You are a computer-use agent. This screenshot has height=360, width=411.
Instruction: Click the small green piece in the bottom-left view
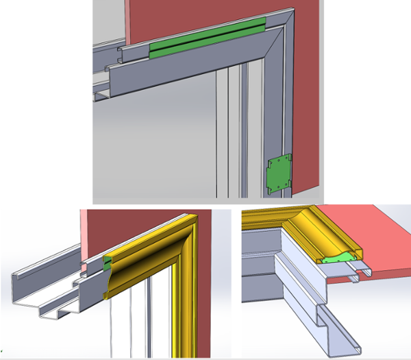tap(107, 261)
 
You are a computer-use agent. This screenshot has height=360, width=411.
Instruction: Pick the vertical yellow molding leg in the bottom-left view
tap(181, 302)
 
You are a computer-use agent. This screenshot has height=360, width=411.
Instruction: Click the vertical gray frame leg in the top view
tap(277, 123)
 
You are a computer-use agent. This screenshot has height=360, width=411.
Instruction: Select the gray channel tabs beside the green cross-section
tap(360, 272)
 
